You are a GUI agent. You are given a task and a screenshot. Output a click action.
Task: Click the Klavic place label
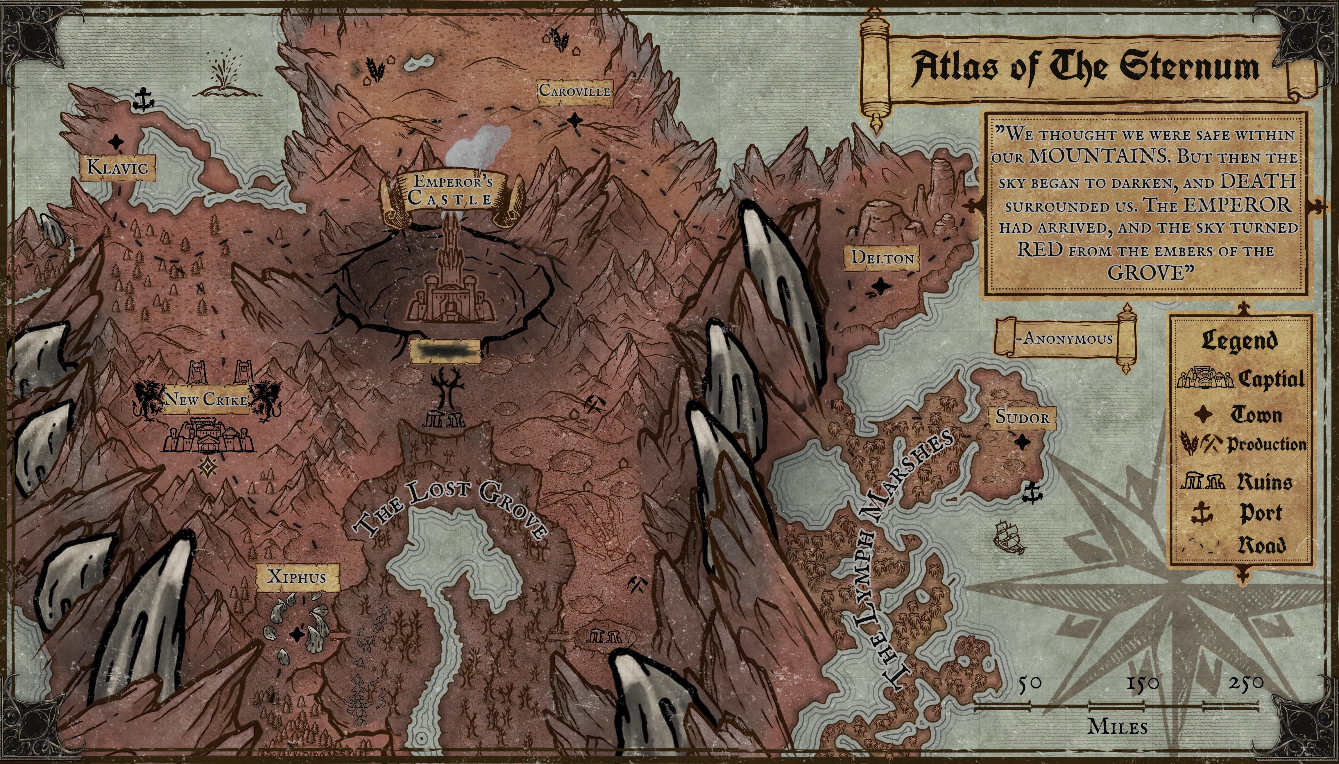tap(117, 167)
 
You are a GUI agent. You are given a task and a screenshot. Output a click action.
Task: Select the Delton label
tap(882, 258)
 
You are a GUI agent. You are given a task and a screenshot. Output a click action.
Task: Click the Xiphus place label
tap(297, 577)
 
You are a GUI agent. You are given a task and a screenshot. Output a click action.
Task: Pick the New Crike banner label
tap(206, 400)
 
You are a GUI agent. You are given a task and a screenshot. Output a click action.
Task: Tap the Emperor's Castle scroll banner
tap(452, 191)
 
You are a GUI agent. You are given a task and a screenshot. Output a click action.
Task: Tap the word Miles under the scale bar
tap(1117, 727)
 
